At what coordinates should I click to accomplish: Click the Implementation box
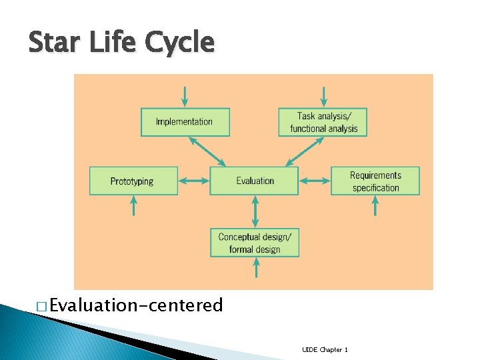point(185,122)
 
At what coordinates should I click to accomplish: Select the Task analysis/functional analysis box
point(323,122)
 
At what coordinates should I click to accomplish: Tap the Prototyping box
point(133,181)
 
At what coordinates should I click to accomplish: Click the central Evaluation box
point(254,181)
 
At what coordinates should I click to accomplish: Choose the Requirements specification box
point(375,181)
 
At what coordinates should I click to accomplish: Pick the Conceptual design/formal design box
point(254,243)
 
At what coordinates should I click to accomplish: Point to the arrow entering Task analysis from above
point(323,96)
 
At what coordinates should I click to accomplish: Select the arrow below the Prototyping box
point(133,205)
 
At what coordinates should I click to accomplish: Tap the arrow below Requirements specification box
point(375,205)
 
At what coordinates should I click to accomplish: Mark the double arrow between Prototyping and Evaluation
point(194,181)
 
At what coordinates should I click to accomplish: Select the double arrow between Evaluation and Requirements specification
point(315,181)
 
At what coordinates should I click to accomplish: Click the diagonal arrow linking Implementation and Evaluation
point(208,152)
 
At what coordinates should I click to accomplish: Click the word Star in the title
point(51,43)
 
